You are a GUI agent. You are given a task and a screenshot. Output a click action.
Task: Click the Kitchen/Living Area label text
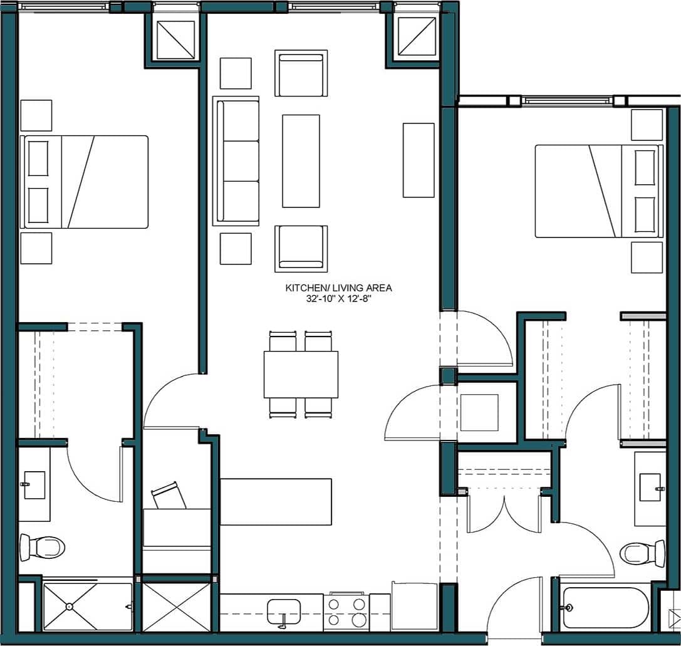338,288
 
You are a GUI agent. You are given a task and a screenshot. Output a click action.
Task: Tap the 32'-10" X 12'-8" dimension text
338,299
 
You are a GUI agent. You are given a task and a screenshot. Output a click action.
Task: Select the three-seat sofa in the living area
236,161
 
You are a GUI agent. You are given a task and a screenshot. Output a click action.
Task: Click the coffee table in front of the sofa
301,161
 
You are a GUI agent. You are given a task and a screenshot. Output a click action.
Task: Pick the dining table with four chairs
301,374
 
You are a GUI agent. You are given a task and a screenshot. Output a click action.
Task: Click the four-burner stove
346,612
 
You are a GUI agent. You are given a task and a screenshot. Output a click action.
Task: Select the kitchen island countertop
276,501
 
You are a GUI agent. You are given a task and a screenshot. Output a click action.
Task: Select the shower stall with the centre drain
87,607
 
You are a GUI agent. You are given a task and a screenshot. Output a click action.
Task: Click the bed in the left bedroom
85,182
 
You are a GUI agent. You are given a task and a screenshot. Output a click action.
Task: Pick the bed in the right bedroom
598,191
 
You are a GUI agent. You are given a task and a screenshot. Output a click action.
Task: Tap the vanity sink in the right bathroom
650,487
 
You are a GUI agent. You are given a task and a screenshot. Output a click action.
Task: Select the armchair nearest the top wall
301,73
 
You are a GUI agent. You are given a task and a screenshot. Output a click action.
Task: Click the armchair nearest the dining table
301,248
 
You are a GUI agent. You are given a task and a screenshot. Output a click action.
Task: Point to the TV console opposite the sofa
418,160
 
